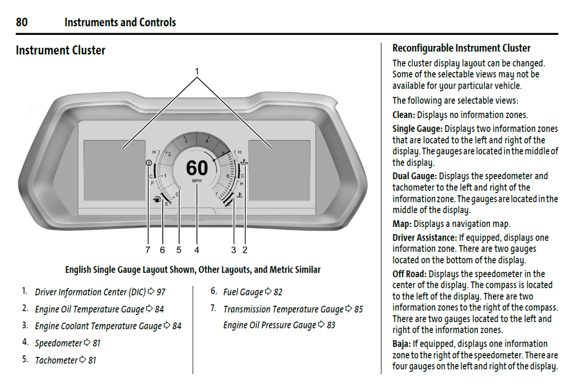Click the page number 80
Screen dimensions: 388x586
tap(22, 22)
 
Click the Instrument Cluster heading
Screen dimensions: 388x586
tap(60, 50)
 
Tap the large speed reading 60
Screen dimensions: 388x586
tap(197, 167)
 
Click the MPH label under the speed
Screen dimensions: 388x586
tap(197, 181)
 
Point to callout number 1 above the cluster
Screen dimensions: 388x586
tap(197, 71)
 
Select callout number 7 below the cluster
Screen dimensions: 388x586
tap(148, 250)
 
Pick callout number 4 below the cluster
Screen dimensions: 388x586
tap(197, 250)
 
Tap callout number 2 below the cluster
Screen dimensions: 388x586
tap(245, 250)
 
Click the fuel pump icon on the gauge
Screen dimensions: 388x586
tap(157, 199)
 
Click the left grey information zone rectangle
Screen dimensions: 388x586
tap(114, 170)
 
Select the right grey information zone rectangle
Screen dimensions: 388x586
tap(279, 170)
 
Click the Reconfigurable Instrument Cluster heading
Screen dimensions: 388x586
tap(461, 48)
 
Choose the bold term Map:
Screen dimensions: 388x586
tap(402, 224)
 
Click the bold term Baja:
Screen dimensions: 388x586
tap(401, 344)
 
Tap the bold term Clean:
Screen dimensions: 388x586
tap(404, 115)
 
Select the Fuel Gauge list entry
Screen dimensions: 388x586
tap(243, 292)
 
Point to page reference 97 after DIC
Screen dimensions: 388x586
tap(161, 292)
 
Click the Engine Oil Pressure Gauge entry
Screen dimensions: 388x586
tap(270, 325)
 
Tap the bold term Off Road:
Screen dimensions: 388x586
tap(409, 274)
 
